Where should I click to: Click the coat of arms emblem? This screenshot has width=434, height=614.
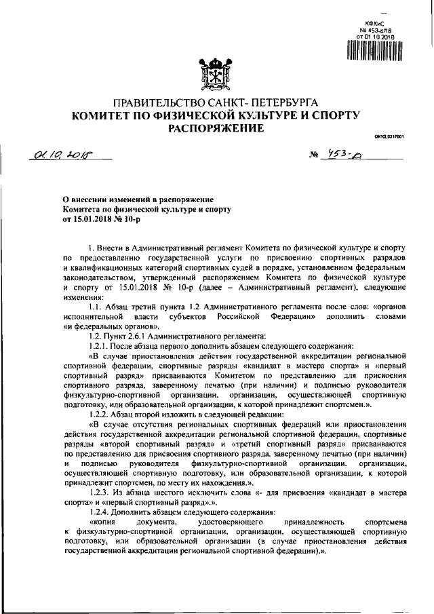click(216, 73)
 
